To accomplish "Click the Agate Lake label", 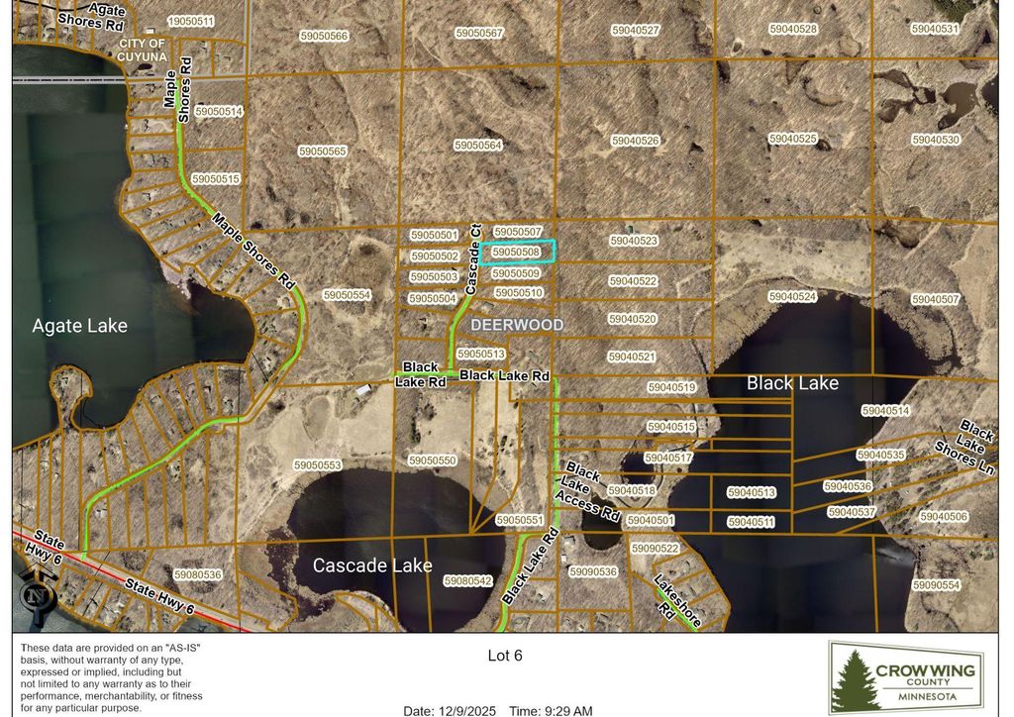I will coord(79,326).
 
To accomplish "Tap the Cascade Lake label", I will coord(372,565).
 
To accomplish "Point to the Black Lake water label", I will coord(792,383).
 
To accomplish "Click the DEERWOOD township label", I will coord(516,325).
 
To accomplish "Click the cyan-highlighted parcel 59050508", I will coord(518,253).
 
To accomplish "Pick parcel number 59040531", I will coord(936,29).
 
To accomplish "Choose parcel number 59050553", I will coord(317,465).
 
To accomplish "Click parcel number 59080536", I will coord(197,574).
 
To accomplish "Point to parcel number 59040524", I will coord(792,297).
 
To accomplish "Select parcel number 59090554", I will coord(936,585).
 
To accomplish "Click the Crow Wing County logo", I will coord(905,677).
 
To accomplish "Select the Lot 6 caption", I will coord(505,656).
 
